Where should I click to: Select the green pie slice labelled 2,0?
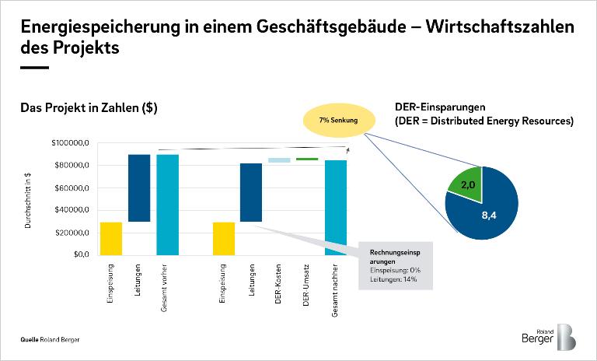point(465,184)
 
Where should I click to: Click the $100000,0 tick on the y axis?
point(72,144)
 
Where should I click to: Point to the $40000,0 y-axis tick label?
point(73,210)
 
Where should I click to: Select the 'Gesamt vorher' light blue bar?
point(167,204)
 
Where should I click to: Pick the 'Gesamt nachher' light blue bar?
point(336,207)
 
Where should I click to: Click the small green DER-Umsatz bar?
point(307,159)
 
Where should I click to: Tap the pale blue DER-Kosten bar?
point(279,160)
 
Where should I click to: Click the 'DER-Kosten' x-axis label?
point(278,283)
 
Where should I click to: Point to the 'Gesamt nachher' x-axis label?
point(336,289)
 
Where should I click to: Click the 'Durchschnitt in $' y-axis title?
point(29,199)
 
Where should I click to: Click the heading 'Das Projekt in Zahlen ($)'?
point(89,108)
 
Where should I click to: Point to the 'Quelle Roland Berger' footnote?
point(50,340)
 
